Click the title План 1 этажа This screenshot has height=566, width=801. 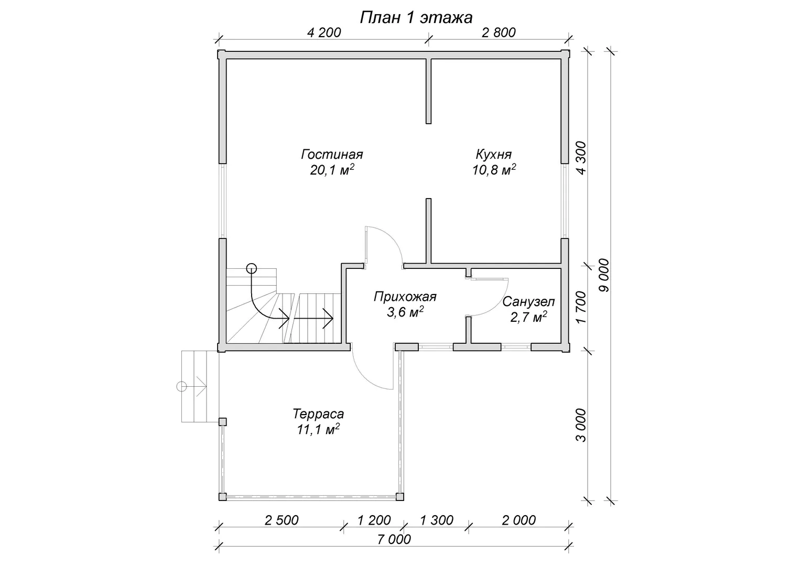pos(416,17)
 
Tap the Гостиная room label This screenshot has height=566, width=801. pos(332,155)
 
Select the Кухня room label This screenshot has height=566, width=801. pos(493,155)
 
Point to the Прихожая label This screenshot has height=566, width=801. pos(405,297)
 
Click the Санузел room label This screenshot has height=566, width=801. pos(528,302)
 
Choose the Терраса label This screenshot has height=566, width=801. pos(318,414)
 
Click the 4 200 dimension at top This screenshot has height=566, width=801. pos(324,32)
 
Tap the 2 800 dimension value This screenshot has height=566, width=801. pos(499,32)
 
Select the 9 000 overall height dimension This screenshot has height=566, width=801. pos(603,275)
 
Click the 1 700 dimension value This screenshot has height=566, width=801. pos(581,307)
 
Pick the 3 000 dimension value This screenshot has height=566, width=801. pos(581,426)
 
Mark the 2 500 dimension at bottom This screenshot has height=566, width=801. pos(282,520)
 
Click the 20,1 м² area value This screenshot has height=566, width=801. pos(332,170)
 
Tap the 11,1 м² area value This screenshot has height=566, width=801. pos(318,429)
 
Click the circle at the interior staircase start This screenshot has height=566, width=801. pos(252,268)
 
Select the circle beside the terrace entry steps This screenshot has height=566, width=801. pos(182,387)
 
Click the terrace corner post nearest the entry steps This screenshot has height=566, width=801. pos(222,422)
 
